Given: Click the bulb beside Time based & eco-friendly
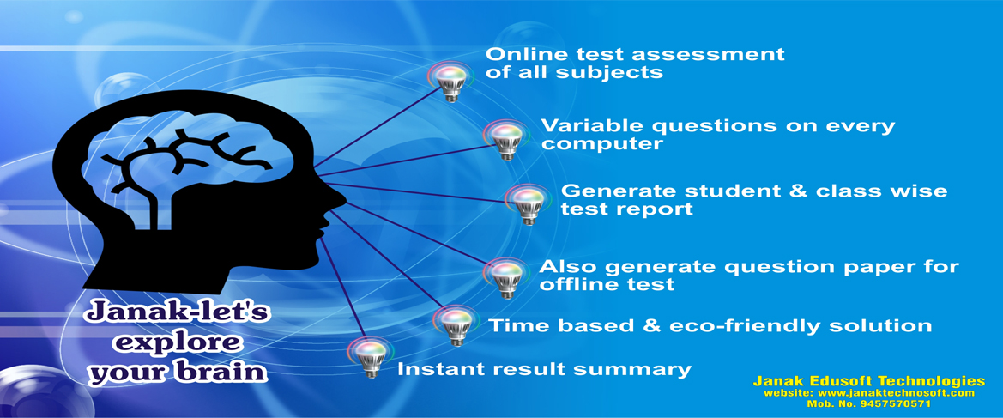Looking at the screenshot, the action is [x=456, y=325].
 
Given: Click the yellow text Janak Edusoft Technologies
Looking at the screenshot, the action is [x=868, y=381].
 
